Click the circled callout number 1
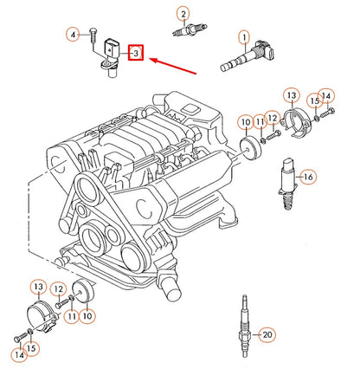click(246, 36)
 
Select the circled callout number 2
click(183, 13)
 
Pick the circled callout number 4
click(73, 34)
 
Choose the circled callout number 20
click(267, 334)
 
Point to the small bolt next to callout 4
click(93, 34)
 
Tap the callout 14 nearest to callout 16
click(325, 95)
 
